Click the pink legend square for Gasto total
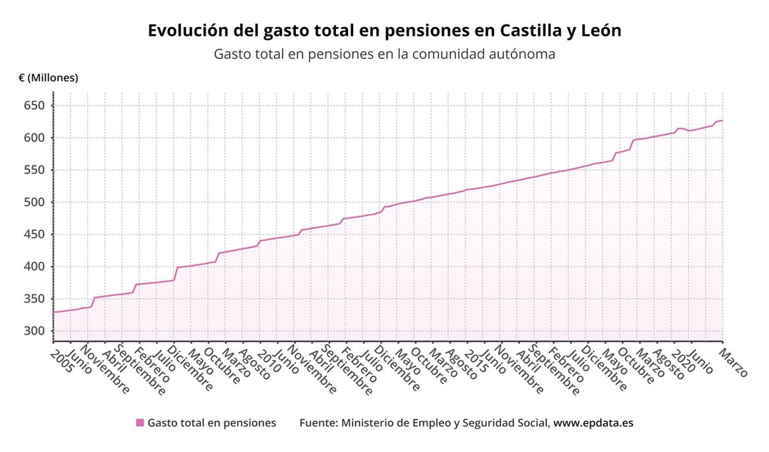[x=140, y=423]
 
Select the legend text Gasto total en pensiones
[x=211, y=423]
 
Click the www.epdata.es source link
[x=593, y=423]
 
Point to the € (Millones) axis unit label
[x=48, y=78]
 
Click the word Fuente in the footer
[x=318, y=423]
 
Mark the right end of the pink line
[x=722, y=121]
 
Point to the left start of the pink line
[x=54, y=312]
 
